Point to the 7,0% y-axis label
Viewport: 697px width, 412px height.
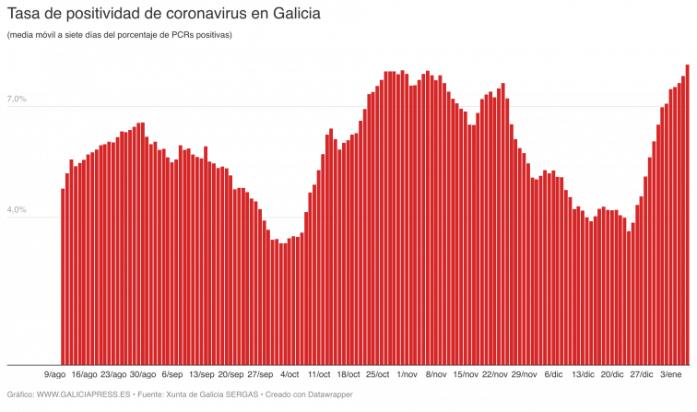pos(18,100)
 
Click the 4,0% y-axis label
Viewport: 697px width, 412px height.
pos(18,210)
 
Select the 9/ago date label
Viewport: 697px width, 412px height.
pos(55,375)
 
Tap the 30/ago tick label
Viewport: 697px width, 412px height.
pos(142,375)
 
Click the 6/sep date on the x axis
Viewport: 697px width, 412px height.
pos(171,375)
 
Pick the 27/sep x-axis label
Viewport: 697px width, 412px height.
pos(261,375)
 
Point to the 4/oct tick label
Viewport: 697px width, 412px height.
pos(289,375)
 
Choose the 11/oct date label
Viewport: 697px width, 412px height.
pos(319,375)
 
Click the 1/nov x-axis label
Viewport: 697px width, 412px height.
pos(407,375)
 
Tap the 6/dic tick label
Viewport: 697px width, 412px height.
pos(554,375)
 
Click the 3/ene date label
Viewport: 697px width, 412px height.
pos(671,375)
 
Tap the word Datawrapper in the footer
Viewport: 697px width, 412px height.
pos(328,394)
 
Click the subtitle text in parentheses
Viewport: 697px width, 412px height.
pos(120,35)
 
